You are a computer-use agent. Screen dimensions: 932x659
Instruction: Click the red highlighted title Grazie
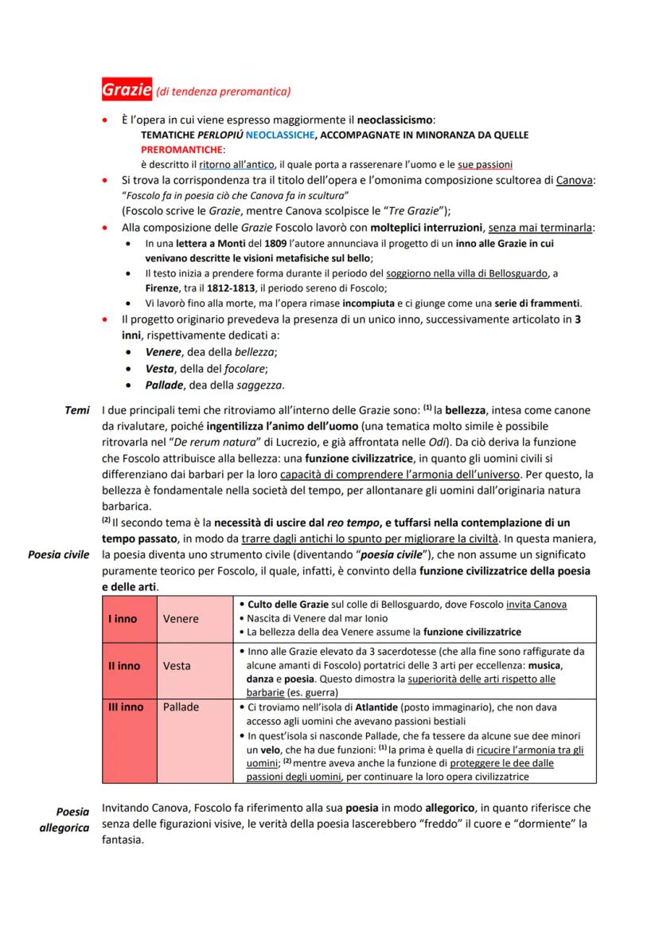click(127, 90)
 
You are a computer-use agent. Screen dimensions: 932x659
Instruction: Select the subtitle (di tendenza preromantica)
click(224, 92)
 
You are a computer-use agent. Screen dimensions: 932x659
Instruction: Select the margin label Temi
click(77, 410)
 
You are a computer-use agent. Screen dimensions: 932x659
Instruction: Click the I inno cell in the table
click(123, 619)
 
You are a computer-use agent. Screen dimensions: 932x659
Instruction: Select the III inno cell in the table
click(126, 707)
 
